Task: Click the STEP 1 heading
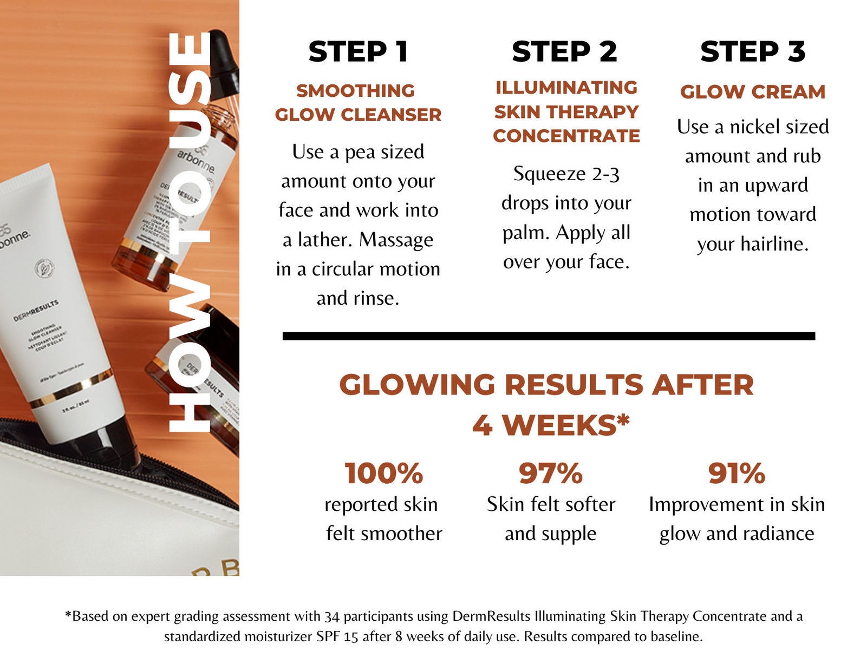358,52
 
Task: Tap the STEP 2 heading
564,52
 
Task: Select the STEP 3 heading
753,52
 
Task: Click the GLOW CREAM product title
753,92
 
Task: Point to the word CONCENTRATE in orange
566,136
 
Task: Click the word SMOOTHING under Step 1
355,91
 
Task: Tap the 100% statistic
383,473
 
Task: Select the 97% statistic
550,473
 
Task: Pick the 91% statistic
737,473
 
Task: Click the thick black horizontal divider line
548,336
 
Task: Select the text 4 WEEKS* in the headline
550,425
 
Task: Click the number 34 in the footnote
332,616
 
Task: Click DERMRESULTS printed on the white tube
36,311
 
